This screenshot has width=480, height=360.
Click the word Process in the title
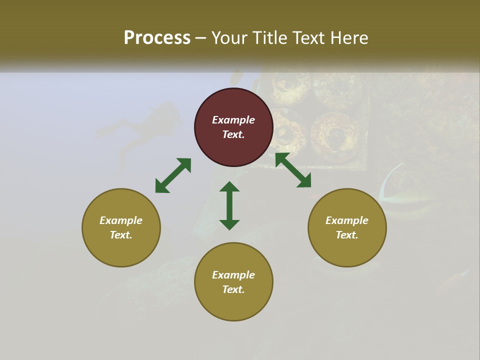pos(157,38)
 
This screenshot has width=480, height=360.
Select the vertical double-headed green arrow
pos(229,205)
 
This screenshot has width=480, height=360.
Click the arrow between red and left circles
pos(173,175)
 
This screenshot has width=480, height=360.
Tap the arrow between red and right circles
pos(293,170)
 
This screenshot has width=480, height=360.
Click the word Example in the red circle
pos(233,120)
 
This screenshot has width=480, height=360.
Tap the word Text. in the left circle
pos(121,235)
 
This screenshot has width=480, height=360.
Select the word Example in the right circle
pos(347,220)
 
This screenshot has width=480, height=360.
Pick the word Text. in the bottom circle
pos(233,289)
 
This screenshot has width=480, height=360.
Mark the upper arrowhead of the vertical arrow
pos(229,187)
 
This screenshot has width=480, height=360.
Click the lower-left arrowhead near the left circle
pos(161,186)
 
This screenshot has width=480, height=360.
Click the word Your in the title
pos(228,38)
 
